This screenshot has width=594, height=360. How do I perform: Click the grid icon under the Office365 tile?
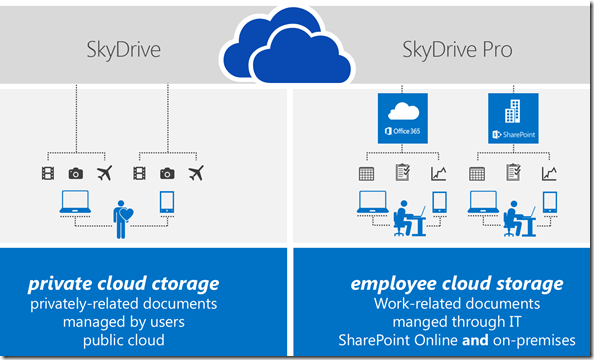point(366,173)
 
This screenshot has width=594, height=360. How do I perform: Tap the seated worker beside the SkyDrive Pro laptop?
point(408,213)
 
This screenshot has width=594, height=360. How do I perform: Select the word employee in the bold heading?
point(390,283)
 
